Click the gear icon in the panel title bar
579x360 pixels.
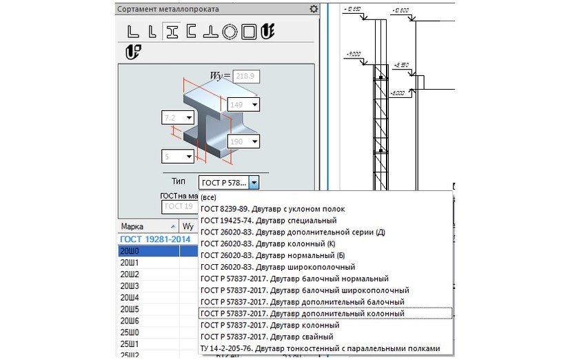point(314,9)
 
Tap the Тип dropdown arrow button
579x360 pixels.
point(254,183)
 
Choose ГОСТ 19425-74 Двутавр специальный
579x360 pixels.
point(269,220)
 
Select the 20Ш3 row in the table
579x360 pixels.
point(130,286)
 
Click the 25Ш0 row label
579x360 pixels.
point(130,332)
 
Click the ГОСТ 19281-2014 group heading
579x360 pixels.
point(155,239)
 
